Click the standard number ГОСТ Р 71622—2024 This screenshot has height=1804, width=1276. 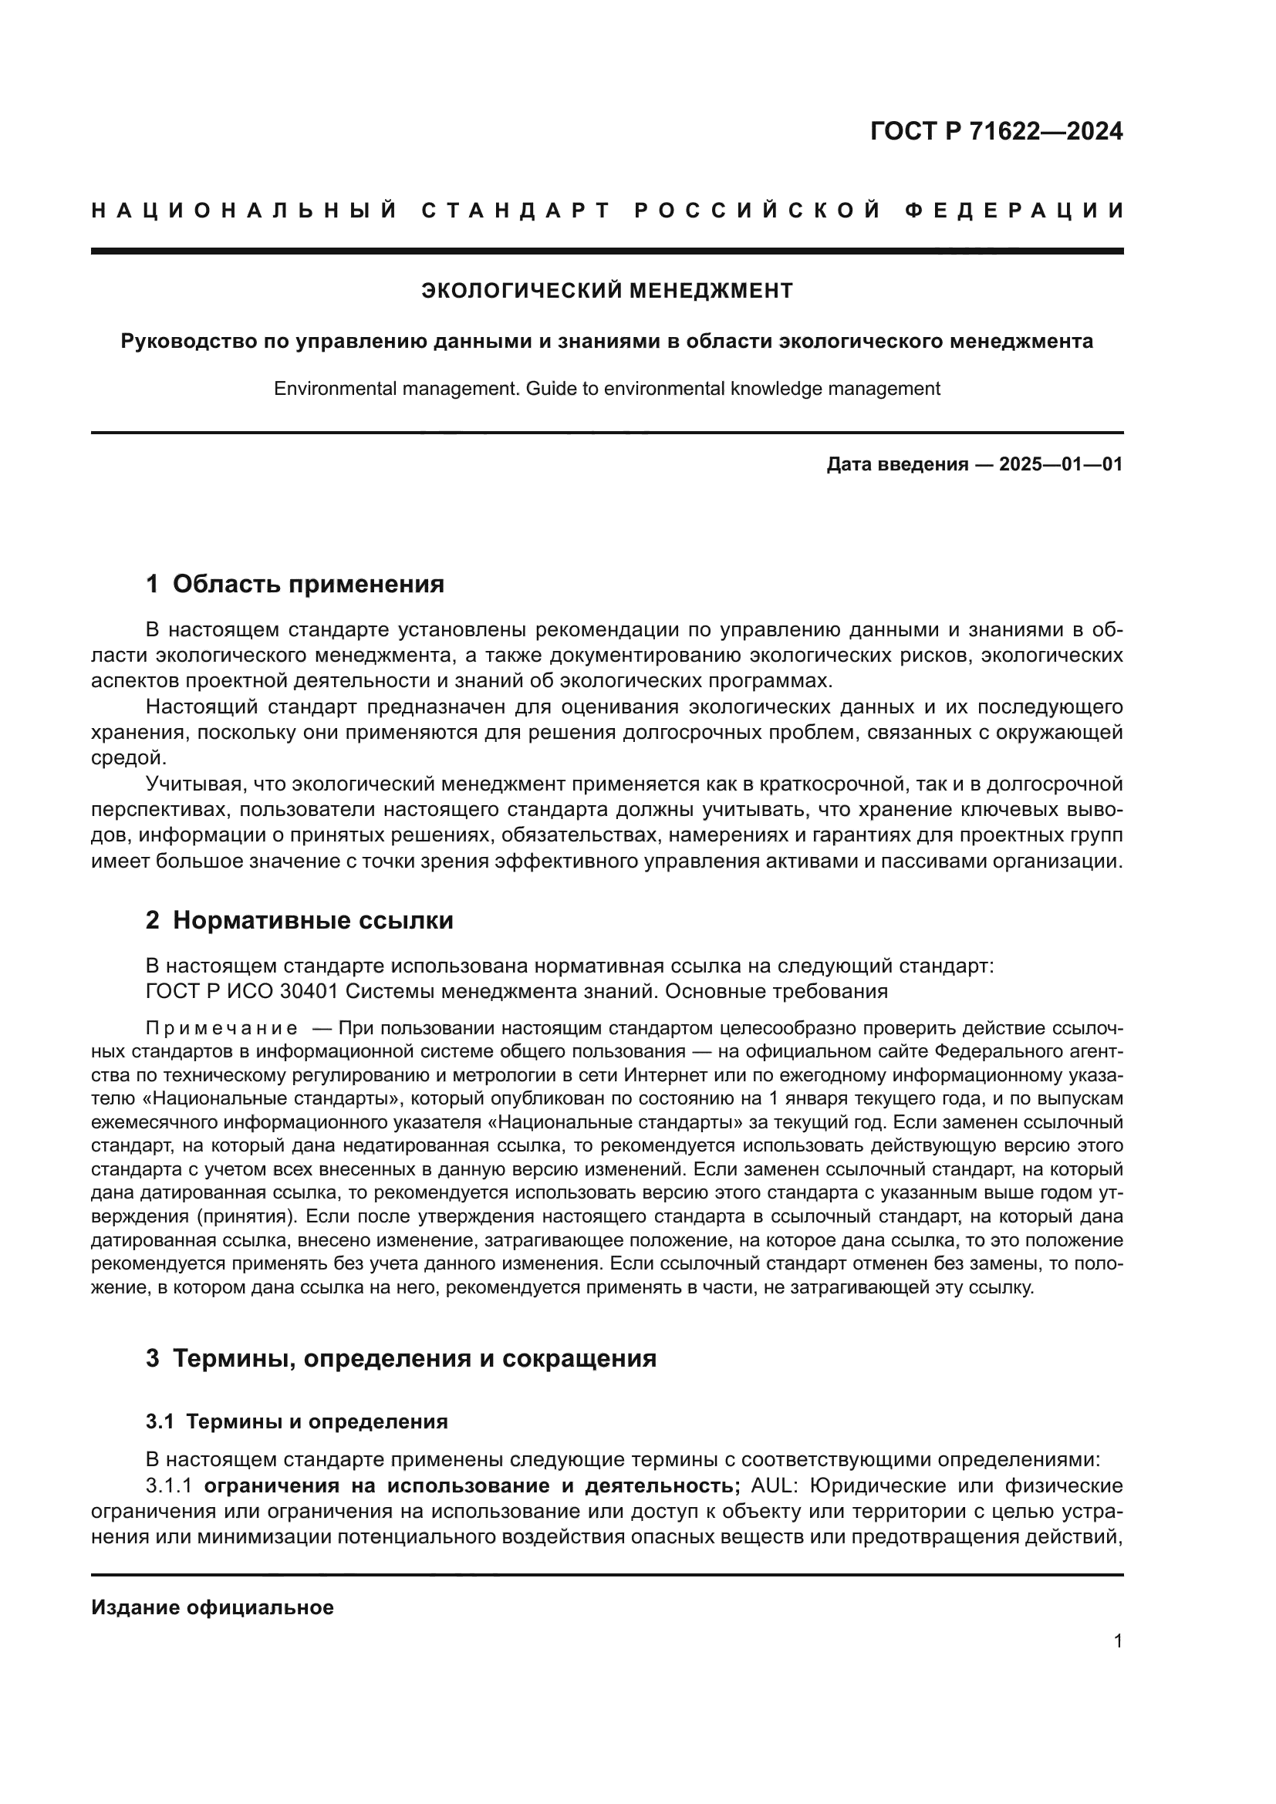coord(995,131)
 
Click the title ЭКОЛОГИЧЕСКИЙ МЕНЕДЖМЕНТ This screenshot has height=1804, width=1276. coord(606,291)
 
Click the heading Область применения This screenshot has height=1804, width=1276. coord(308,584)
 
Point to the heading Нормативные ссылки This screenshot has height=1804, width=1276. coord(312,920)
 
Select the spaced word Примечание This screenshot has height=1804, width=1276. coord(221,1029)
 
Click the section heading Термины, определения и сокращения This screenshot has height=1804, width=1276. coord(414,1357)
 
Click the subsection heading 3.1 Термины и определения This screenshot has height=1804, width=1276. coord(296,1421)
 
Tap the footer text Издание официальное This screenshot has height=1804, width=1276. coord(212,1607)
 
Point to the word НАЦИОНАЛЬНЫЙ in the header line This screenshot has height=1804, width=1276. coord(244,211)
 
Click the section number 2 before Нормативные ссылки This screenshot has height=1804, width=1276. coord(153,920)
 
